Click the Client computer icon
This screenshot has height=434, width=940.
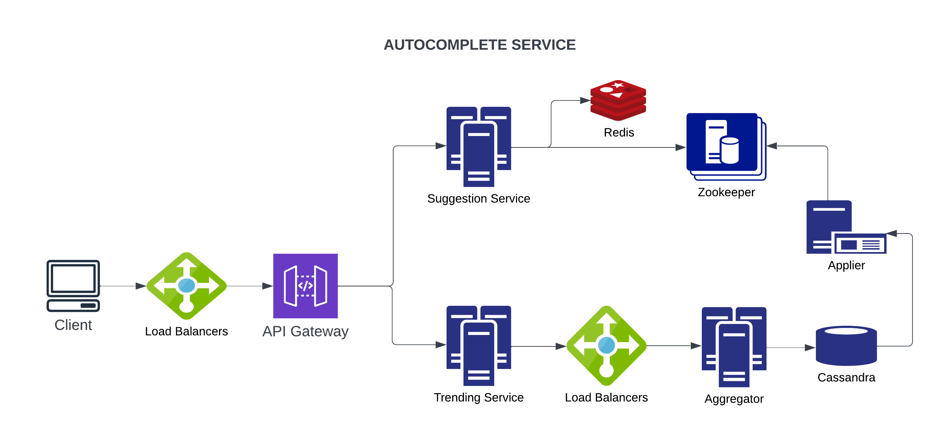(73, 285)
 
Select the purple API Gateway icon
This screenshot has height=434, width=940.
(305, 286)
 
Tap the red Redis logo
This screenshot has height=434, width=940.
(618, 100)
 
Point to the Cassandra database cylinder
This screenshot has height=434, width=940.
(846, 346)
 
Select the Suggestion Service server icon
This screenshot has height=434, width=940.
(479, 146)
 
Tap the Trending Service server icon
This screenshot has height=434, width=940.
(479, 345)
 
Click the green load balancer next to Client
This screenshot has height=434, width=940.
(186, 286)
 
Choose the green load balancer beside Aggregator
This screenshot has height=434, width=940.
(606, 345)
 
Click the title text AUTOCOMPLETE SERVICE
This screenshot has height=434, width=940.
(480, 45)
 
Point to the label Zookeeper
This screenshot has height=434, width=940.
(726, 192)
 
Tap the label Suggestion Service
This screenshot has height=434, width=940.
(479, 198)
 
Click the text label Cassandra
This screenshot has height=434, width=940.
(846, 377)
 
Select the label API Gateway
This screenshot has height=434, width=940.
(305, 331)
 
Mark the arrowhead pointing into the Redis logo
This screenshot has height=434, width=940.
(585, 100)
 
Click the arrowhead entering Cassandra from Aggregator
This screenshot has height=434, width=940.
(810, 347)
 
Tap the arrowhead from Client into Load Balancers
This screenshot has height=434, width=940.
(141, 286)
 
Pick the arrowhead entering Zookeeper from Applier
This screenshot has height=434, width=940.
(772, 146)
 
